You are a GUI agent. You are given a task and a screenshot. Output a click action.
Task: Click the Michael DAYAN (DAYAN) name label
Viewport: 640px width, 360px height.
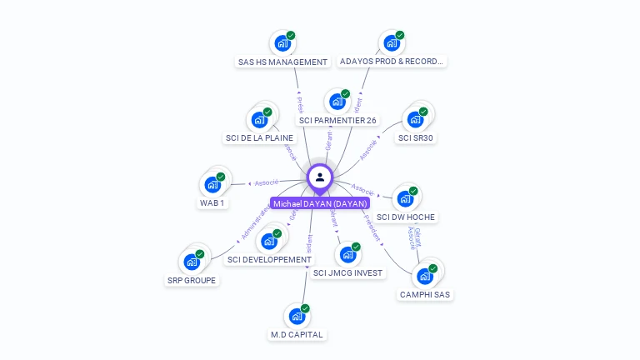click(320, 203)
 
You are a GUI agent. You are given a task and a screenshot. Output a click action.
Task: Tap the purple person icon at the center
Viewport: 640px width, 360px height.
click(320, 177)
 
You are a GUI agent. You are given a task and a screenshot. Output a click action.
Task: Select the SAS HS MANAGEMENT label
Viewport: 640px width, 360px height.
click(282, 62)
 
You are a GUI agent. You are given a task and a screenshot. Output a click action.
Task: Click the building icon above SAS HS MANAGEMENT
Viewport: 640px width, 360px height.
click(282, 42)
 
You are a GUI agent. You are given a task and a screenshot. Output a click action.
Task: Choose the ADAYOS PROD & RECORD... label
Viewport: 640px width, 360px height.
click(392, 62)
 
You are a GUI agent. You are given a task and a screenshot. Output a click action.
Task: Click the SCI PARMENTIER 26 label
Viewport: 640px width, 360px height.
click(337, 121)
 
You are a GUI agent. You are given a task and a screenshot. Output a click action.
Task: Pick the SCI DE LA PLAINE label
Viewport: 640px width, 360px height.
click(259, 138)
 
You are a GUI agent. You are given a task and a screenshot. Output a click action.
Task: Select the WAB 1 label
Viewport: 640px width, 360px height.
click(212, 203)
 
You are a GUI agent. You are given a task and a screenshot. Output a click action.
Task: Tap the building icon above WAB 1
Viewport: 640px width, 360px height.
click(212, 183)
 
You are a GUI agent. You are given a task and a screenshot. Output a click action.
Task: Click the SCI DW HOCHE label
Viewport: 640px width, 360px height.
click(406, 217)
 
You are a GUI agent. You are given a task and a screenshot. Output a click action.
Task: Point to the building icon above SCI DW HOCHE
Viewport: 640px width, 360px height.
click(405, 198)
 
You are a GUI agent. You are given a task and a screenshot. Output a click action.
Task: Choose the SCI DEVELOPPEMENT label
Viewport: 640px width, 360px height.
click(269, 260)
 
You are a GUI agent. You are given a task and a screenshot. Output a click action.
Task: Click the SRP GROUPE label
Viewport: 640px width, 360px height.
click(192, 281)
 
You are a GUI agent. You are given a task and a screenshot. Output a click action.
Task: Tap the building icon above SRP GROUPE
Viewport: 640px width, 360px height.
click(192, 262)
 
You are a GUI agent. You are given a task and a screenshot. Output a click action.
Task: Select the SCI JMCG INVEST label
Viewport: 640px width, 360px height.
click(348, 273)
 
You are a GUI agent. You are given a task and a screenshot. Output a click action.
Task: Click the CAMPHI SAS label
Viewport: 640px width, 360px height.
click(425, 294)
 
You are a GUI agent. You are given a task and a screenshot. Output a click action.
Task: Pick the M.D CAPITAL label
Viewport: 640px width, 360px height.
click(297, 335)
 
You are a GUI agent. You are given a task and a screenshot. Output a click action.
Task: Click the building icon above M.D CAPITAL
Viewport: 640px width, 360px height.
click(297, 316)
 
